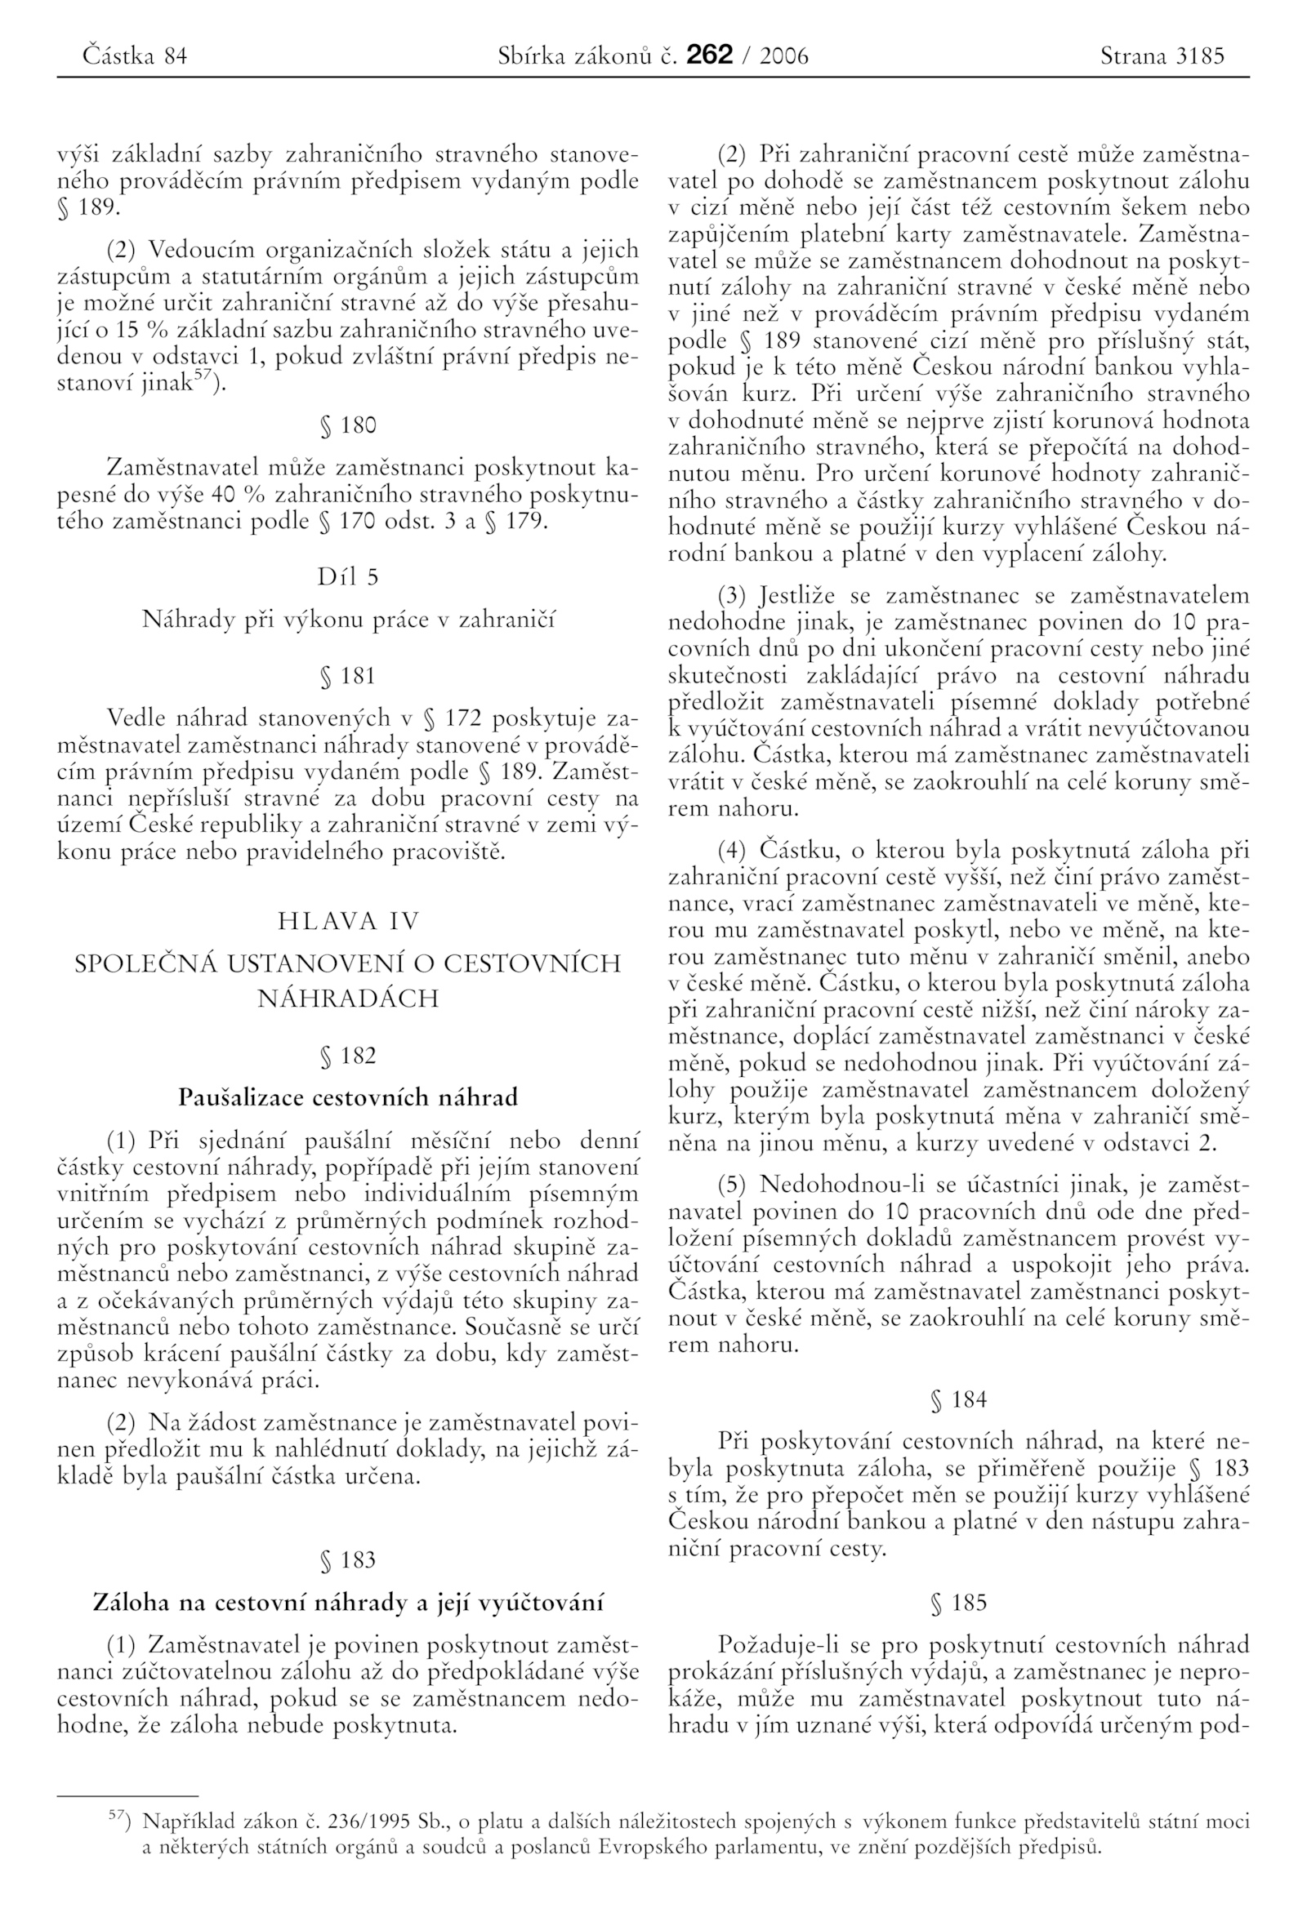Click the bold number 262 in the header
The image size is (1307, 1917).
coord(709,56)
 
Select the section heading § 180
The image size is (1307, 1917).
coord(347,425)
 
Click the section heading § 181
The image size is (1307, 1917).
coord(347,676)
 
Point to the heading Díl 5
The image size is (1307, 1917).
coord(347,577)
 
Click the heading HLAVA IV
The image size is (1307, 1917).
coord(348,921)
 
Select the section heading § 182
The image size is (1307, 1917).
coord(347,1056)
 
